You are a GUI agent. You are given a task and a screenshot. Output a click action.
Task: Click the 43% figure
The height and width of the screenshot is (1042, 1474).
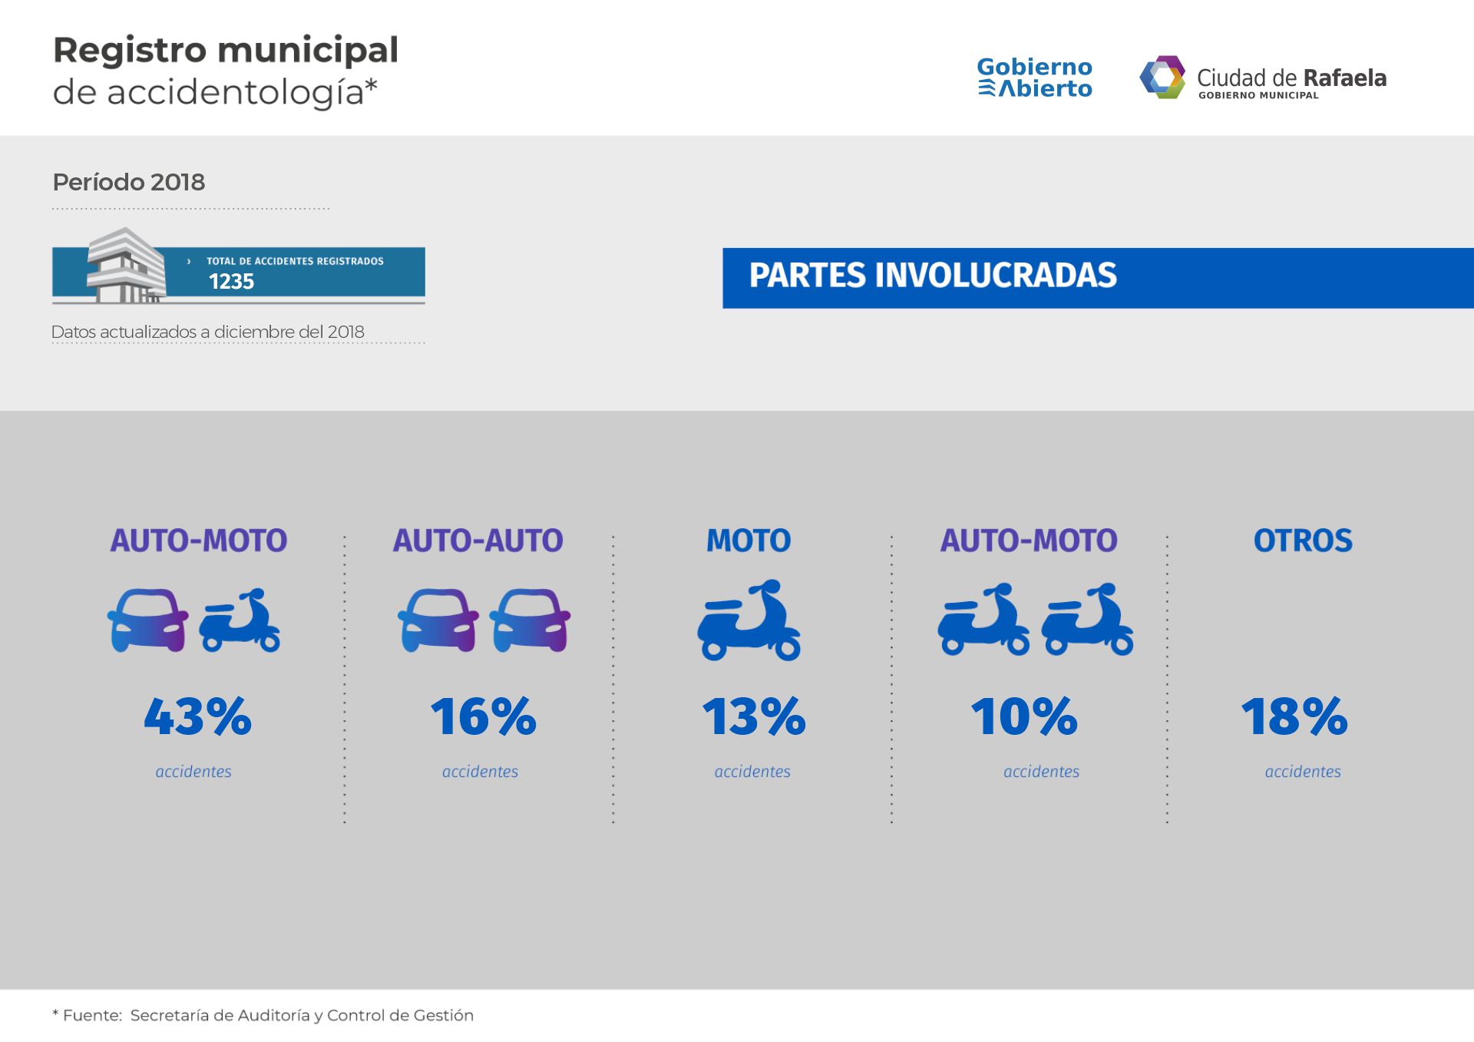pos(198,716)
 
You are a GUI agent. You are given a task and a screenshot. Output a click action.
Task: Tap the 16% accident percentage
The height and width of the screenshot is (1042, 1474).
pos(483,716)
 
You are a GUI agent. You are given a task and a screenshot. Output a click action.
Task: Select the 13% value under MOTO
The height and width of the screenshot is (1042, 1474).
pos(754,716)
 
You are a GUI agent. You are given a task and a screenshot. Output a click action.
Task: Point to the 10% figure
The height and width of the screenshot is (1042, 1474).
pos(1024,716)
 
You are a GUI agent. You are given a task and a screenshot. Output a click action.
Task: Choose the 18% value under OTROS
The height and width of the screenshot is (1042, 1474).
pos(1294,716)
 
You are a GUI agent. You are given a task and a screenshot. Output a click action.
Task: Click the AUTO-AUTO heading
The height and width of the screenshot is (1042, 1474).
pos(478,541)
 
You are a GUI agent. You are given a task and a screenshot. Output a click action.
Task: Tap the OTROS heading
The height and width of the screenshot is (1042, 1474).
pos(1303,541)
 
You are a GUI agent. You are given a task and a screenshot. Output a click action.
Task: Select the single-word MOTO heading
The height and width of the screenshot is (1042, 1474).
pos(749,541)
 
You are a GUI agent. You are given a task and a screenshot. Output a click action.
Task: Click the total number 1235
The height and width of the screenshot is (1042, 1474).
pos(231,282)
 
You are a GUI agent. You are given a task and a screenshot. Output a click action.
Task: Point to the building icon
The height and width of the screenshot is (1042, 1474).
pos(126,265)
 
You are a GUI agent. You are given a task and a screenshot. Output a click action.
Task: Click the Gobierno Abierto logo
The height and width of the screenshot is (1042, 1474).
pos(1034,78)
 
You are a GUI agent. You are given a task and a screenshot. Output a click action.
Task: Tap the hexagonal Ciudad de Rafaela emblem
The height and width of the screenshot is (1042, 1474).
pos(1162,77)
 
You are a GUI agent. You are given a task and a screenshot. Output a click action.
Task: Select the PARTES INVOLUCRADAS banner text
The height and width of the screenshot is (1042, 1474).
pos(933,276)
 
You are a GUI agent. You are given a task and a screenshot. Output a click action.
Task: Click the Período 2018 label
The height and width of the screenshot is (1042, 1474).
pos(129,182)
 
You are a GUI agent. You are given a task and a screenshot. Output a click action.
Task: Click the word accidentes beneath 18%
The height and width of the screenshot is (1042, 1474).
pos(1303,772)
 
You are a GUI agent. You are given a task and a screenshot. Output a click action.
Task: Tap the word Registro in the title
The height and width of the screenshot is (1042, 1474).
pos(130,51)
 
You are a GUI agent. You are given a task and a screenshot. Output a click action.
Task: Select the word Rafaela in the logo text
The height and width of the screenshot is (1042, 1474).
pos(1344,78)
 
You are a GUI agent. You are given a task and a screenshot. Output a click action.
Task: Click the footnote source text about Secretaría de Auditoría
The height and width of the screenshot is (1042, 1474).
pos(302,1015)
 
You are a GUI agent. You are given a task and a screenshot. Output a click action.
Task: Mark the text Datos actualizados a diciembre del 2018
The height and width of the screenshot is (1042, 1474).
pos(208,332)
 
